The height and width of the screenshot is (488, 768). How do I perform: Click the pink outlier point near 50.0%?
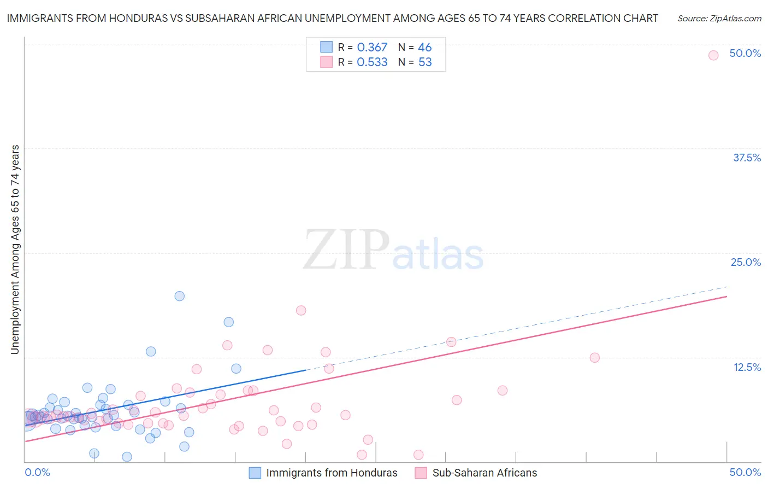coord(713,55)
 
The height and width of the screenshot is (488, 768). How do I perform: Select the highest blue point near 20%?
coord(179,296)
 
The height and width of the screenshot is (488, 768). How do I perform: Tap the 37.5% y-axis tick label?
coord(747,158)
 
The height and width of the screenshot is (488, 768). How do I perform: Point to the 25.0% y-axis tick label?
coord(746,262)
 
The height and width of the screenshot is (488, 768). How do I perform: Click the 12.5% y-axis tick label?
coord(747,367)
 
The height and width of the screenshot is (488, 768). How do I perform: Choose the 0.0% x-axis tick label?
coord(37,472)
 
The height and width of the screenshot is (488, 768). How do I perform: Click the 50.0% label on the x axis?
coord(745,472)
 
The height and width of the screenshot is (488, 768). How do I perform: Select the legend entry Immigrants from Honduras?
coord(331,473)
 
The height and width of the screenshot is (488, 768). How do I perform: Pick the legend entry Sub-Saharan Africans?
coord(484,473)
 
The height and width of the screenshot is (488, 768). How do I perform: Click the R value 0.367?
coord(372,48)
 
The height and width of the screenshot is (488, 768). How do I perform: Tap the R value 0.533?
coord(372,62)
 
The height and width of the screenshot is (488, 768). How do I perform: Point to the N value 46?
coord(424,48)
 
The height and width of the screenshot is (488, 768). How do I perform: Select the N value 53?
coord(424,62)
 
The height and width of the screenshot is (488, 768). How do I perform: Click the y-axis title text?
coord(15,249)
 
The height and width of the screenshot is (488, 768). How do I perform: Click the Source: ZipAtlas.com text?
coord(719,19)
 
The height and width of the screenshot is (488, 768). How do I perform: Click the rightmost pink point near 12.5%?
coord(594,357)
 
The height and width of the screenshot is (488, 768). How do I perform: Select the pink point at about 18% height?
coord(301,310)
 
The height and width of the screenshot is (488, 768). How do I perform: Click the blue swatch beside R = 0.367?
coord(326,47)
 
